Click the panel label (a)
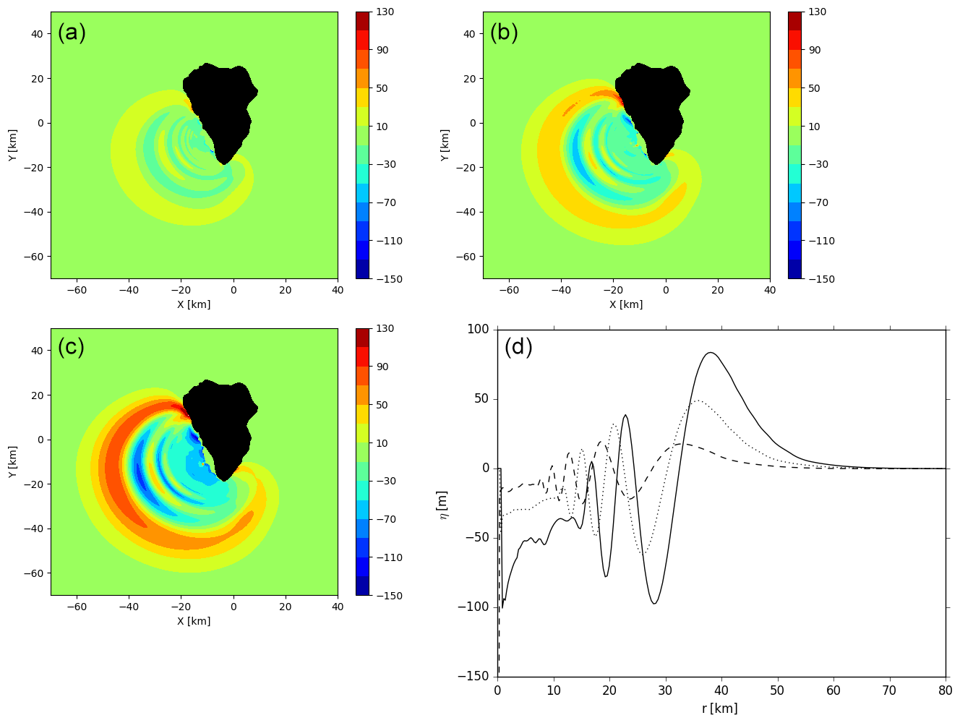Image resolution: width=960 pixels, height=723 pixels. point(72,33)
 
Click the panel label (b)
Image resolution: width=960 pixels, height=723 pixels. point(504,33)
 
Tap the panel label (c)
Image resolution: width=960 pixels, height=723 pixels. point(72,348)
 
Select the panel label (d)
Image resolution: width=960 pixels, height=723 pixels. point(518,348)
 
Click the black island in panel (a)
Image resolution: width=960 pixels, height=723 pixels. point(224,108)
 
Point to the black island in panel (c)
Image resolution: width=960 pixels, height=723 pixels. point(224,427)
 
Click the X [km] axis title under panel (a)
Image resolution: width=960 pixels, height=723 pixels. point(194,304)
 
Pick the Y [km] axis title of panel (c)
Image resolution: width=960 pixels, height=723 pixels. point(12,462)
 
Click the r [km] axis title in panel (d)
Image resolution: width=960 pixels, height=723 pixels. point(720,709)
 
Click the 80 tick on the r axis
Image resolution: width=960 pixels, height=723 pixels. point(946,691)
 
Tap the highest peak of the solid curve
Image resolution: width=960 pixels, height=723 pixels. point(711,353)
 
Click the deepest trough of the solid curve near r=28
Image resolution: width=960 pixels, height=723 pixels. point(654,603)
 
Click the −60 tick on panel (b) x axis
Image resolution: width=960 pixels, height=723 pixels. point(509,291)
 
